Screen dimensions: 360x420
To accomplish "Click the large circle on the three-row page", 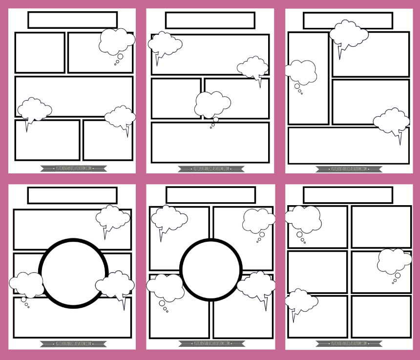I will (x=73, y=273).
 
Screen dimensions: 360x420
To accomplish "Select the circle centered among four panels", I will (x=211, y=270).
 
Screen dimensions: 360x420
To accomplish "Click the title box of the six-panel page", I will (x=348, y=195).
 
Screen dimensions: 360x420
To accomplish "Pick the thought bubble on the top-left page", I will (x=116, y=42).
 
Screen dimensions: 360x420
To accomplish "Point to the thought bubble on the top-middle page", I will (x=212, y=104).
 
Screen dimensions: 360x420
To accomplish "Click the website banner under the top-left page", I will (x=73, y=169).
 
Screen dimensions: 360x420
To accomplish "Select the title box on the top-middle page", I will (x=210, y=21).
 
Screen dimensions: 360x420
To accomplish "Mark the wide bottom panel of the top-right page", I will (x=348, y=146).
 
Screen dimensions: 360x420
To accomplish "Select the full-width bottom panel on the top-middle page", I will (x=210, y=142).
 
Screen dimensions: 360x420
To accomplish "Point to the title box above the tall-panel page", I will (x=348, y=21).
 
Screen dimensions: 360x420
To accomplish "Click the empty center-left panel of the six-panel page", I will (x=317, y=272).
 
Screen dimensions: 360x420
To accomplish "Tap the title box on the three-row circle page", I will (x=72, y=195).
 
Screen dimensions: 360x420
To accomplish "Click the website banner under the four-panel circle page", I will (x=211, y=344).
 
